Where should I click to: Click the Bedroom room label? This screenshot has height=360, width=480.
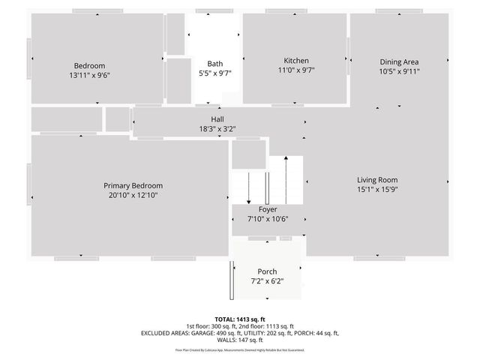pos(89,65)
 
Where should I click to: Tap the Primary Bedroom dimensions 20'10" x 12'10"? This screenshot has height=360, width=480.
pos(133,195)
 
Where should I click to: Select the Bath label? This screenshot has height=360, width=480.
pos(215,64)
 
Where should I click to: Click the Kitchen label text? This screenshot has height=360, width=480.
pos(295,61)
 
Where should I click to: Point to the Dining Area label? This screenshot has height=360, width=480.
pos(399,62)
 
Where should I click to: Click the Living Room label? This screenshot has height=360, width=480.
pos(377,180)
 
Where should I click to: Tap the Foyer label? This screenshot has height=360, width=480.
pos(268,209)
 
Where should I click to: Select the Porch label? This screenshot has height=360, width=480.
pos(267,271)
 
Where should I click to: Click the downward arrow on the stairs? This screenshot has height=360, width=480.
pos(248,187)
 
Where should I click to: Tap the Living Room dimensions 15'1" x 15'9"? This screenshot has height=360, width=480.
pos(377,190)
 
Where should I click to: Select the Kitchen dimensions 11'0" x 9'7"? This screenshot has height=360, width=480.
pos(295,70)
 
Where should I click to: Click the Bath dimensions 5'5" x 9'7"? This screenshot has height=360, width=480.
pos(215,73)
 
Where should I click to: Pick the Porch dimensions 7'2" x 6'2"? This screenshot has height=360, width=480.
pos(267,281)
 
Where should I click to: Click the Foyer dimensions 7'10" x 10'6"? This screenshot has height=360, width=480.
pos(268,219)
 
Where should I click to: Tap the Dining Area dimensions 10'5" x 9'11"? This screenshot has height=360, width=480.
pos(399,72)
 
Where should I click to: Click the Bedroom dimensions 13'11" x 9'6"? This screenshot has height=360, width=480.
pos(89,75)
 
